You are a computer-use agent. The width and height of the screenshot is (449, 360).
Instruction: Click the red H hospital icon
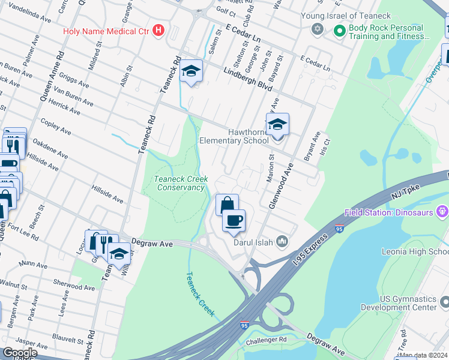158,30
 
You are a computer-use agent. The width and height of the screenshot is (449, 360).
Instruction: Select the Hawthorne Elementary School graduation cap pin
277,125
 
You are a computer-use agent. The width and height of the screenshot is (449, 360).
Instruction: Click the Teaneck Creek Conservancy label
181,183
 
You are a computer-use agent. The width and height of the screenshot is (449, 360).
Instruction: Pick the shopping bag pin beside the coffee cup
227,205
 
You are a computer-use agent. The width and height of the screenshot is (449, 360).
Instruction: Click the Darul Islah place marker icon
282,242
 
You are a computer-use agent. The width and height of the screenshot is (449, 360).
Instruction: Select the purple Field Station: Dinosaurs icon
443,211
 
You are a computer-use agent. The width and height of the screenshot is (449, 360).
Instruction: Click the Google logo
19,353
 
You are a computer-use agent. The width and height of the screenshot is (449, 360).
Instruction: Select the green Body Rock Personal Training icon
339,29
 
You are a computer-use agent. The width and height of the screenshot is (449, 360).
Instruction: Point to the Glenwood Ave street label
282,185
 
